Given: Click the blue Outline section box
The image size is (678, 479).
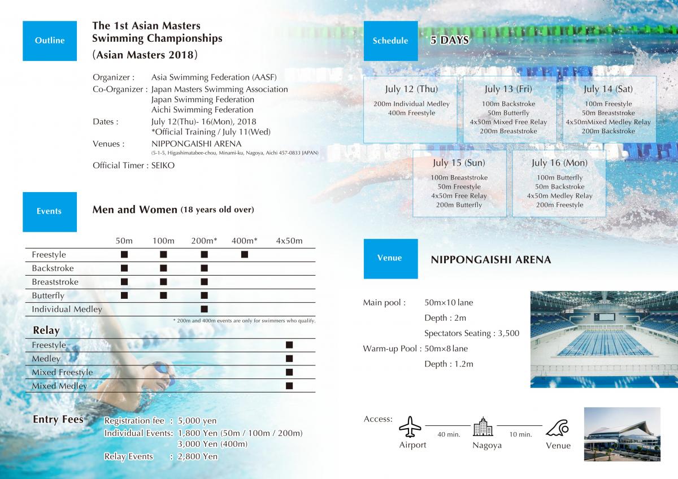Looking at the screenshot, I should [50, 41].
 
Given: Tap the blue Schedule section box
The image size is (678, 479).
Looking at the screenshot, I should [390, 41].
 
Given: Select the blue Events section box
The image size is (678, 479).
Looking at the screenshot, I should [49, 211].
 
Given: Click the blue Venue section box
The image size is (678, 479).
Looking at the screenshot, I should [390, 258].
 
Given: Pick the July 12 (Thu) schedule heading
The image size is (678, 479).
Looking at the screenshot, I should [411, 89].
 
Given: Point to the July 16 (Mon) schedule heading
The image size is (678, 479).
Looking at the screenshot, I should [559, 163].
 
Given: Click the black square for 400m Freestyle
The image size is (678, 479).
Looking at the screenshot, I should [245, 255].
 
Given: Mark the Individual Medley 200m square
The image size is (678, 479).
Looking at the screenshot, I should [205, 309].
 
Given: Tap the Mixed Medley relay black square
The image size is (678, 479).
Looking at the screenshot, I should [289, 386].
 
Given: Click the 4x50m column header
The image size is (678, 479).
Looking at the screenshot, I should [289, 241].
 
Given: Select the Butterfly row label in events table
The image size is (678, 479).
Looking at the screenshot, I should [48, 295].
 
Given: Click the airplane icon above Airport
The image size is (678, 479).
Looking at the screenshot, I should [410, 427].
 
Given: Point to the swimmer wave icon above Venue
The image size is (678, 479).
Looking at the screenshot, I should [558, 427].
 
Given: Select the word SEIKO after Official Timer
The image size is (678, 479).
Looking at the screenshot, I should [163, 166].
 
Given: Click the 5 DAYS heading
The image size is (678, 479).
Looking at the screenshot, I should [450, 41].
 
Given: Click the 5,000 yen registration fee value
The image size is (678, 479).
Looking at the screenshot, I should [197, 421].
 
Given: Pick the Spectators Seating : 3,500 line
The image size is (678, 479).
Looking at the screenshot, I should [472, 333].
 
